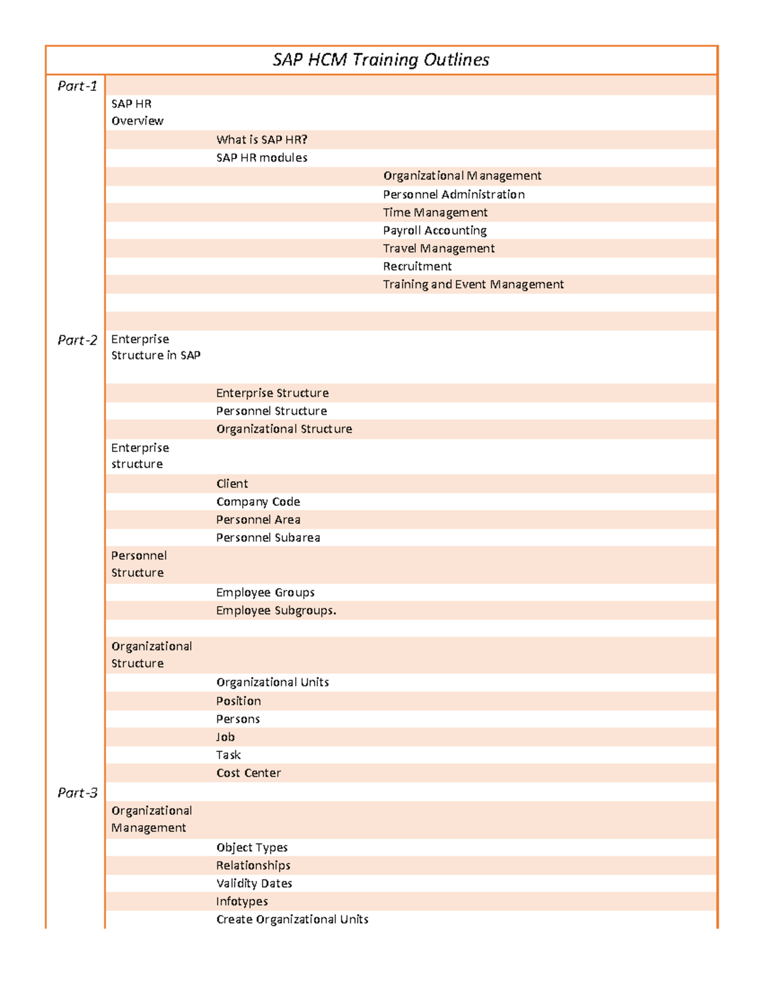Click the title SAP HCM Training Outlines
(x=381, y=60)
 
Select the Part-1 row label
(x=77, y=86)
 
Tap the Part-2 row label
(x=77, y=340)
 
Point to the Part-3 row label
(x=77, y=793)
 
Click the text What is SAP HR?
(x=261, y=139)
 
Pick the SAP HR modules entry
(x=261, y=158)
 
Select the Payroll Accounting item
(x=435, y=230)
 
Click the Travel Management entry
(x=439, y=248)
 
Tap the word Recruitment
(x=417, y=267)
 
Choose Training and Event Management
(x=473, y=284)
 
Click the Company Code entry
(x=258, y=502)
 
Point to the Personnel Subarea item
(x=268, y=538)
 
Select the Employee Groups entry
(x=265, y=592)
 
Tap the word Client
(x=231, y=484)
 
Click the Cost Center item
(x=248, y=773)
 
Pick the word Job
(x=225, y=737)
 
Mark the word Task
(x=228, y=755)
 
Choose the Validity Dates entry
(x=254, y=884)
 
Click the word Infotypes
(x=242, y=901)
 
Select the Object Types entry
(x=252, y=847)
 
